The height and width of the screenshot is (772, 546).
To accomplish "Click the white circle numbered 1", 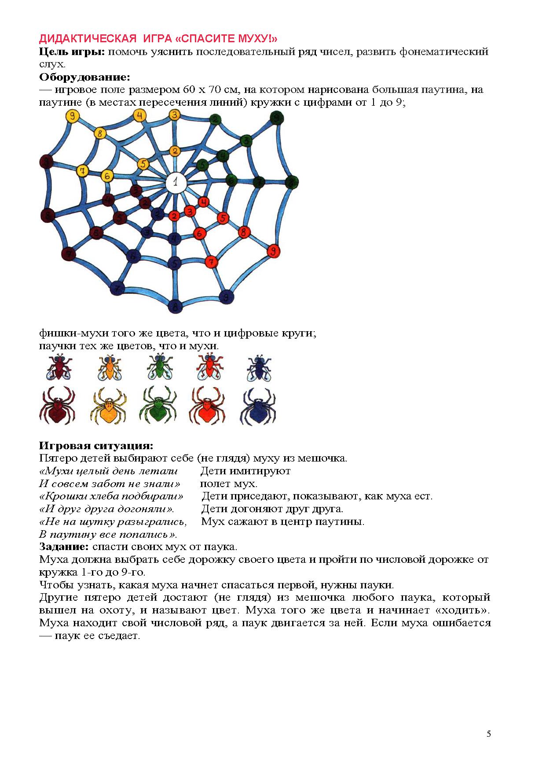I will pyautogui.click(x=176, y=181).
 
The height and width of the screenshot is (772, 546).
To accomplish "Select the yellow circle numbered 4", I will pyautogui.click(x=139, y=116).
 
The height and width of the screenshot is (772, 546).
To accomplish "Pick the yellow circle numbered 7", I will pyautogui.click(x=82, y=170).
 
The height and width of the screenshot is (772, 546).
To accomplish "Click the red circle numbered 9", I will pyautogui.click(x=274, y=251).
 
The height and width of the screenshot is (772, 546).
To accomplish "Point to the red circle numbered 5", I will pyautogui.click(x=223, y=218).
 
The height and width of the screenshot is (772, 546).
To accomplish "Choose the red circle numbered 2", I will pyautogui.click(x=174, y=216).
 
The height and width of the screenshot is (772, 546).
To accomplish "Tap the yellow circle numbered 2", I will pyautogui.click(x=175, y=151).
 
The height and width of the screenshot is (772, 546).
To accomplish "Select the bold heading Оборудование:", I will pyautogui.click(x=85, y=77).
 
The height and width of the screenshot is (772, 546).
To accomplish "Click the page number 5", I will pyautogui.click(x=489, y=734).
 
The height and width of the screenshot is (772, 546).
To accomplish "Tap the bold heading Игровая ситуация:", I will pyautogui.click(x=96, y=446).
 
